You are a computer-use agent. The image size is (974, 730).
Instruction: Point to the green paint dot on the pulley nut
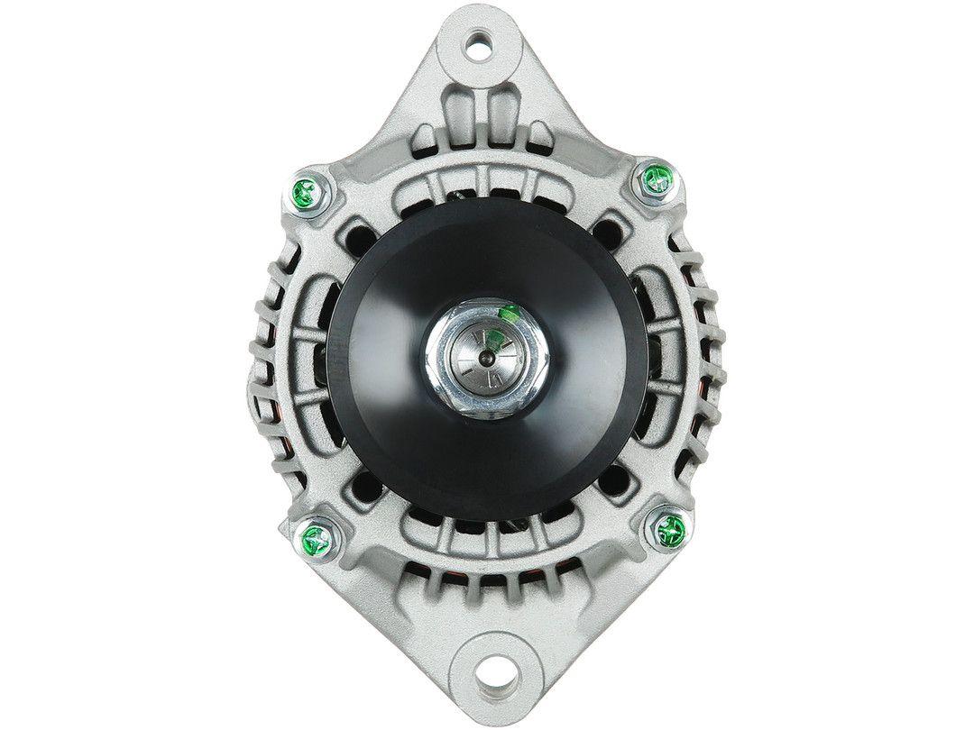[506, 313]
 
